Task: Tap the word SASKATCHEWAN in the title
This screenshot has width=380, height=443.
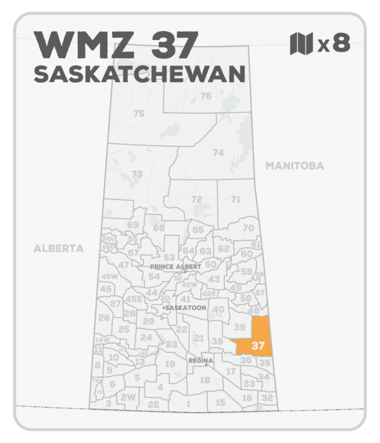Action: (x=139, y=74)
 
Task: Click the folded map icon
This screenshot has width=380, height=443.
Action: (x=301, y=44)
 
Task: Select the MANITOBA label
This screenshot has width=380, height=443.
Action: (x=294, y=166)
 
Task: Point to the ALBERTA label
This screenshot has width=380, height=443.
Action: (x=58, y=249)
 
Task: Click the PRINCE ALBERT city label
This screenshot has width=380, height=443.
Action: (x=175, y=267)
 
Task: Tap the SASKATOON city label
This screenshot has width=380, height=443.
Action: (x=184, y=308)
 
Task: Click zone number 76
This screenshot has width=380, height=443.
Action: (x=205, y=96)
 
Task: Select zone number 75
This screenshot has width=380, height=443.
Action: (x=139, y=113)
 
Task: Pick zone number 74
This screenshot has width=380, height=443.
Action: (x=218, y=153)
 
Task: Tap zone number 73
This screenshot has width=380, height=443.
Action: (x=136, y=174)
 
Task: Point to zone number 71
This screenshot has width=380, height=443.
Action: (x=236, y=200)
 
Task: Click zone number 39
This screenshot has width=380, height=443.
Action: (x=239, y=327)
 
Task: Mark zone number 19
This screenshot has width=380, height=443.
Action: (x=170, y=365)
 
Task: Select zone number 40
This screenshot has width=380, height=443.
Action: (x=218, y=309)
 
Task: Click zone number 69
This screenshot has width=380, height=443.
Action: (x=132, y=225)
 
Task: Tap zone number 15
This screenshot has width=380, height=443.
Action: (x=220, y=402)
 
